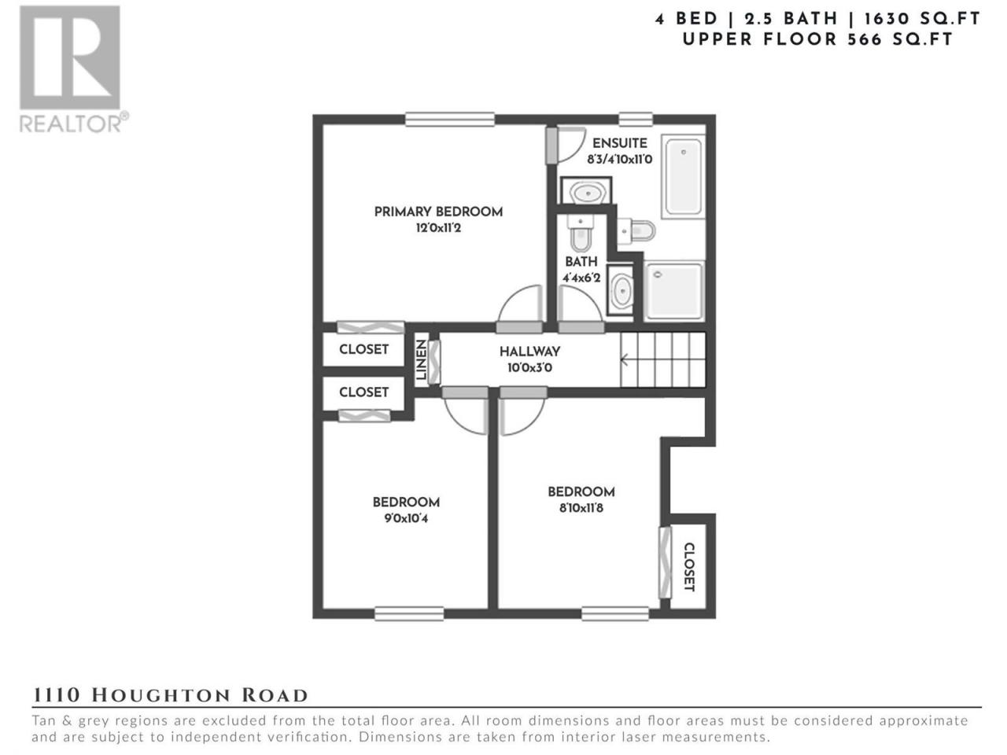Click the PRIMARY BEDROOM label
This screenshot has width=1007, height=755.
pos(438,212)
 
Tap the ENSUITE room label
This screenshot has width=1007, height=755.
pos(619,143)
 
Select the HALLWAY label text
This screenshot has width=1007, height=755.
pos(529,352)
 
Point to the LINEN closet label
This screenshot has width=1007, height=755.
pos(421,360)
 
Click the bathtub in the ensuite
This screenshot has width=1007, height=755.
pos(684,176)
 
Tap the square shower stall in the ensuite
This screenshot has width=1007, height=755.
pos(673,291)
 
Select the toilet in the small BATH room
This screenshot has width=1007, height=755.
pos(581,233)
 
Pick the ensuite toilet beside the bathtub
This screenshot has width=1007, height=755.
pos(636,231)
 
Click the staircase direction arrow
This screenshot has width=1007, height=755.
pos(624,360)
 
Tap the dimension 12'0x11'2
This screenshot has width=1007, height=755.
pos(438,228)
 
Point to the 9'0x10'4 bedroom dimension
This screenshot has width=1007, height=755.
pos(406,519)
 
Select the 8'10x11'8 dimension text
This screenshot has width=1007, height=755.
pos(581,508)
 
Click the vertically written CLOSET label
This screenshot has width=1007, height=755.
pos(689,567)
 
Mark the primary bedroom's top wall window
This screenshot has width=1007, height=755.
pos(449,120)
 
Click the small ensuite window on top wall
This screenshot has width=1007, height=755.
pos(636,120)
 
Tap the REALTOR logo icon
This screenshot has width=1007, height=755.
pos(70,57)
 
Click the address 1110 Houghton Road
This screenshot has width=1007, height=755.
pos(170,695)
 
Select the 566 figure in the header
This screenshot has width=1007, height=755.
pos(865,40)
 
